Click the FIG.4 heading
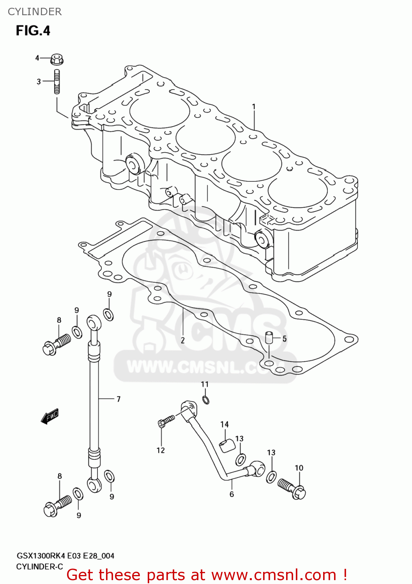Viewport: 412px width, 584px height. (33, 31)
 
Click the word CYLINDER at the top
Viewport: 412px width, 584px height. (35, 12)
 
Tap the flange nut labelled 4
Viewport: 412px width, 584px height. (57, 60)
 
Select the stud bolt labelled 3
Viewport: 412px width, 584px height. (57, 81)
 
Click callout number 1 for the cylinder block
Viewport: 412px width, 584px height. (254, 106)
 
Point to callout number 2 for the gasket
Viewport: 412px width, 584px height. (182, 340)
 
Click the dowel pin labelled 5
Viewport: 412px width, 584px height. (268, 337)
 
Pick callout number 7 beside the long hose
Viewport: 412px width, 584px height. (118, 399)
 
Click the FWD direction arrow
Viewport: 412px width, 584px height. (50, 417)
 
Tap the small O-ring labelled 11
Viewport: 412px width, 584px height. (206, 399)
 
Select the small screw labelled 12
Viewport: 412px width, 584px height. (166, 421)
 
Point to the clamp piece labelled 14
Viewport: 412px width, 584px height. (227, 445)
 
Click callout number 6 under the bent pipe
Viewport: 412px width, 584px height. (232, 494)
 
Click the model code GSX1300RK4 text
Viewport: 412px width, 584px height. (41, 556)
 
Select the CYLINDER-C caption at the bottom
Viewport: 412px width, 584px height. (39, 567)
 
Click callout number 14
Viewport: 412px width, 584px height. (225, 424)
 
